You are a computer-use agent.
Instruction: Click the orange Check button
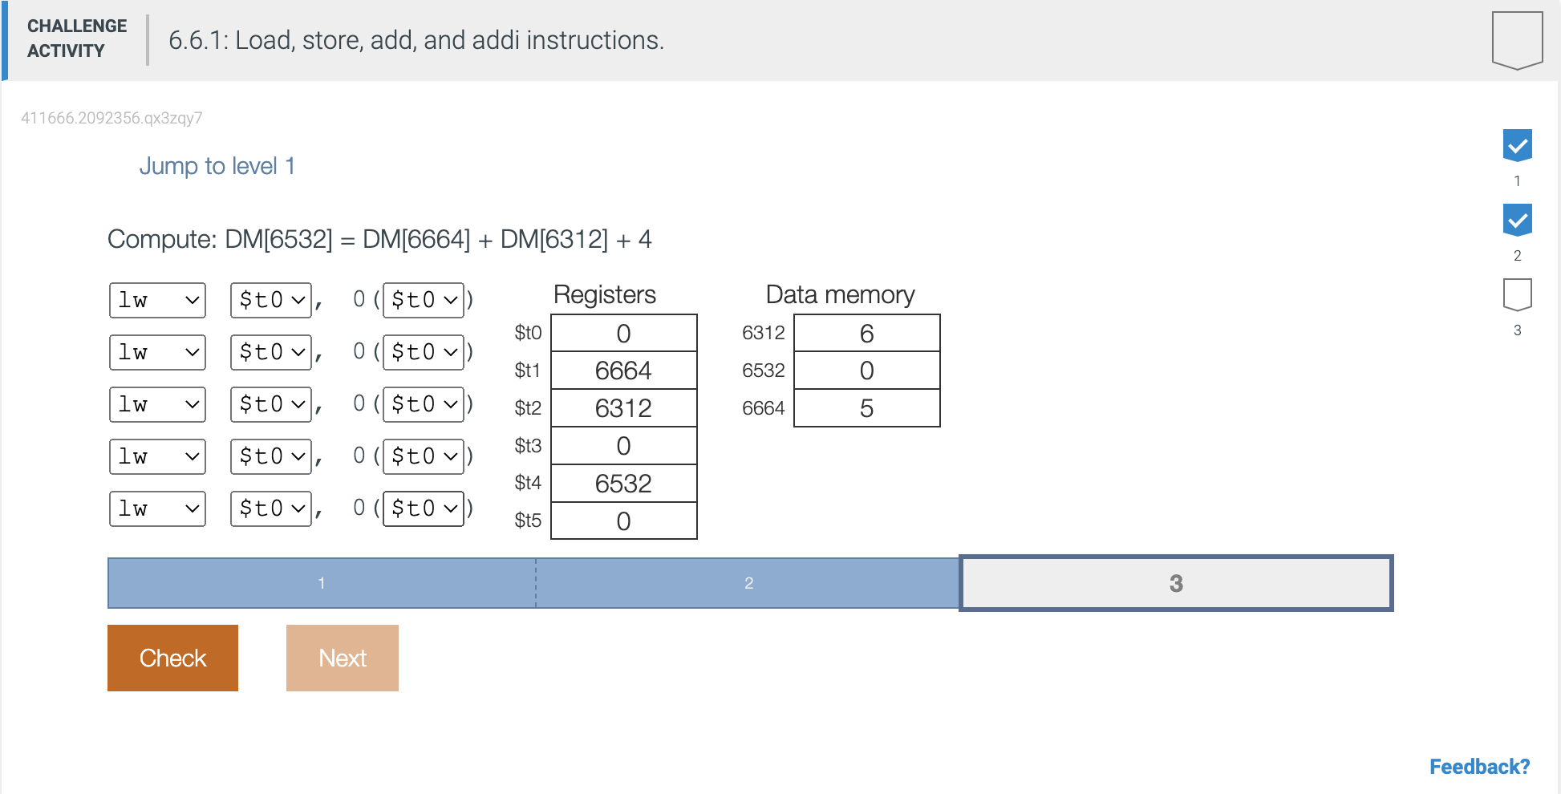point(172,658)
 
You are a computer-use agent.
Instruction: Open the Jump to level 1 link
point(217,166)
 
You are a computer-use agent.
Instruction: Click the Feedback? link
point(1479,767)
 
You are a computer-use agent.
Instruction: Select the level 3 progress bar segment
point(1176,583)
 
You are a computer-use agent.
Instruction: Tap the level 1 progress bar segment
point(322,583)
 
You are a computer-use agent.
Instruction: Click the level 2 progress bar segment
point(748,583)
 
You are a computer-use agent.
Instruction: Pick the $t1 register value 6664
point(623,371)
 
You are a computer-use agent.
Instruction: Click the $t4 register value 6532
point(623,484)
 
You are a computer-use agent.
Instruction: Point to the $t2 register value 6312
point(623,408)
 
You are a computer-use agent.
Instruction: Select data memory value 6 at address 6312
point(866,333)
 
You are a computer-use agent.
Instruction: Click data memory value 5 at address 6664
point(866,408)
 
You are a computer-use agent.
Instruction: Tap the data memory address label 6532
point(763,371)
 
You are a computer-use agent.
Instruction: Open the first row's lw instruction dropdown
point(157,300)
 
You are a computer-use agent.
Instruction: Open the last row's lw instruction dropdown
point(157,508)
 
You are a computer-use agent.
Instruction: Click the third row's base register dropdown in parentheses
point(424,404)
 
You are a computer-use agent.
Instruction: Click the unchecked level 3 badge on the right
point(1517,294)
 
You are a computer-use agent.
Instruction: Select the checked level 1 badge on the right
point(1517,145)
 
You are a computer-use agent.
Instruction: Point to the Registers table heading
point(605,294)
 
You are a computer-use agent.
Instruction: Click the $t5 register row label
point(528,521)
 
